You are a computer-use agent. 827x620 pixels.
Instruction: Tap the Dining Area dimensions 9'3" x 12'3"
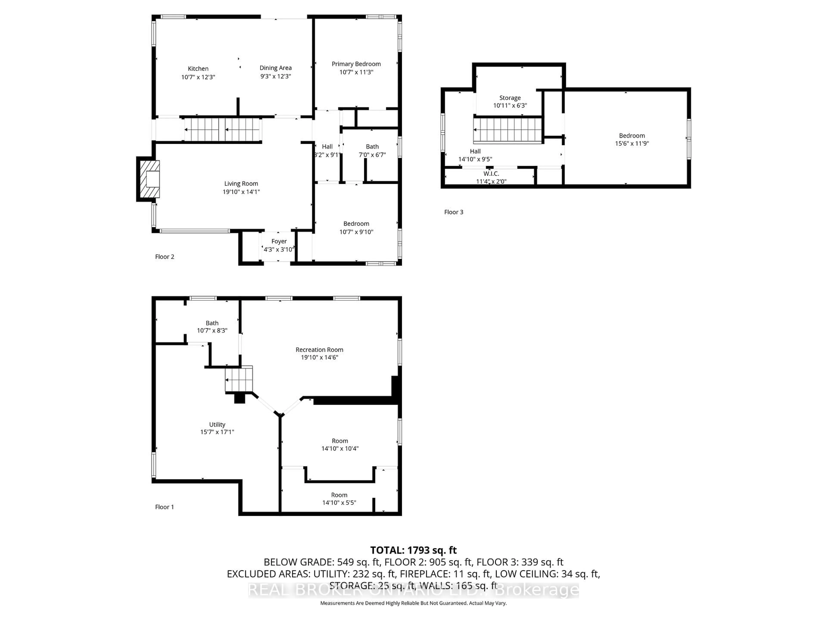[x=275, y=76]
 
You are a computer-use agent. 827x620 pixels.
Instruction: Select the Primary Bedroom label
[x=356, y=64]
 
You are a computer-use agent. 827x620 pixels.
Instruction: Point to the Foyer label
[x=279, y=241]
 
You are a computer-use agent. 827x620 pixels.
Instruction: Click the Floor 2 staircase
[x=222, y=130]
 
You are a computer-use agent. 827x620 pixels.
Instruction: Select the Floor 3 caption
[x=454, y=212]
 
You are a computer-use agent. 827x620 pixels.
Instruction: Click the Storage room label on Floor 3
[x=510, y=98]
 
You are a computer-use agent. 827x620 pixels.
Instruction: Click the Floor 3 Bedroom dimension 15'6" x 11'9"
[x=632, y=144]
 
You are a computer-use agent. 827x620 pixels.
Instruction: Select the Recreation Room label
[x=319, y=350]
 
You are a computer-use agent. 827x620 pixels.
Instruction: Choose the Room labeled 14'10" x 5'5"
[x=339, y=499]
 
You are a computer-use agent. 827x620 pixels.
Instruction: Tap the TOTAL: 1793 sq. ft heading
[x=413, y=550]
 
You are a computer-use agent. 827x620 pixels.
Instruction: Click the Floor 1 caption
[x=165, y=507]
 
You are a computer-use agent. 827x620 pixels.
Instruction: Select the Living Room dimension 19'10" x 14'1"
[x=241, y=192]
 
